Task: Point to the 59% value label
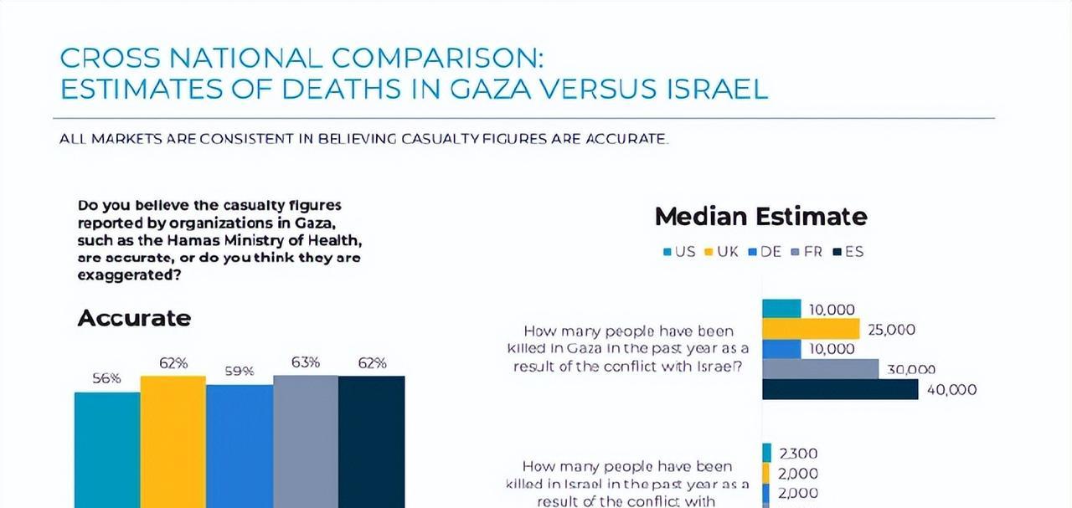click(239, 371)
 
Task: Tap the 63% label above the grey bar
click(306, 362)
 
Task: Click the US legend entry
click(679, 251)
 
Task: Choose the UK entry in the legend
click(722, 251)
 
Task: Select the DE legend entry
click(765, 251)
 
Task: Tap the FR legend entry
click(807, 251)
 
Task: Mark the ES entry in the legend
click(848, 251)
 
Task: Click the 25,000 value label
click(891, 330)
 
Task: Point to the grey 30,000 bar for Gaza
click(821, 369)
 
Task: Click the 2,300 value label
click(798, 454)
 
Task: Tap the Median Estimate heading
click(760, 217)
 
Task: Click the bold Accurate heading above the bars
click(134, 319)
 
